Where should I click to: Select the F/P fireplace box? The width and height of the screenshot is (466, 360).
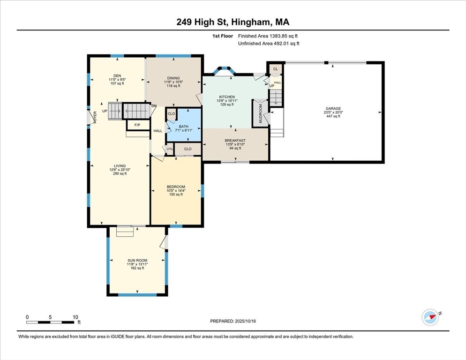tap(137, 125)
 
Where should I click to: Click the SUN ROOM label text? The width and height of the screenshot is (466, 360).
tap(137, 260)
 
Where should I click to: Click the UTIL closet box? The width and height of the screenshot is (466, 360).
tap(169, 149)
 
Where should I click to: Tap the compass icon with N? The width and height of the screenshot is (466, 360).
tap(430, 317)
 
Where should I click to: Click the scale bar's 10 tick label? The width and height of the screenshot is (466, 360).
tap(75, 317)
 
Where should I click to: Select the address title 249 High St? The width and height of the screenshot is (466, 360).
tap(233, 22)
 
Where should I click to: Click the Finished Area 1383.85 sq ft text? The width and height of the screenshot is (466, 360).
tap(268, 36)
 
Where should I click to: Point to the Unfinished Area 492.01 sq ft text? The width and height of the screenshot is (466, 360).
tap(269, 44)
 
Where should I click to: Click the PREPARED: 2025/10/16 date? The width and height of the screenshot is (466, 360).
tap(233, 321)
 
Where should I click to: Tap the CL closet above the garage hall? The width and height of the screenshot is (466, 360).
tap(276, 69)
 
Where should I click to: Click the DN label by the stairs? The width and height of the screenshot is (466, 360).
tap(154, 105)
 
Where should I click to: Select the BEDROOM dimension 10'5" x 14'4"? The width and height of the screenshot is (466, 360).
tap(176, 191)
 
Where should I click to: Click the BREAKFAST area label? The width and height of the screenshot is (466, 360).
tap(235, 141)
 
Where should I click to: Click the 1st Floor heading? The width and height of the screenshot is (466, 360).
tap(222, 36)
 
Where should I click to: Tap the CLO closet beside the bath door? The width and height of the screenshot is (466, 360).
tap(171, 113)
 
